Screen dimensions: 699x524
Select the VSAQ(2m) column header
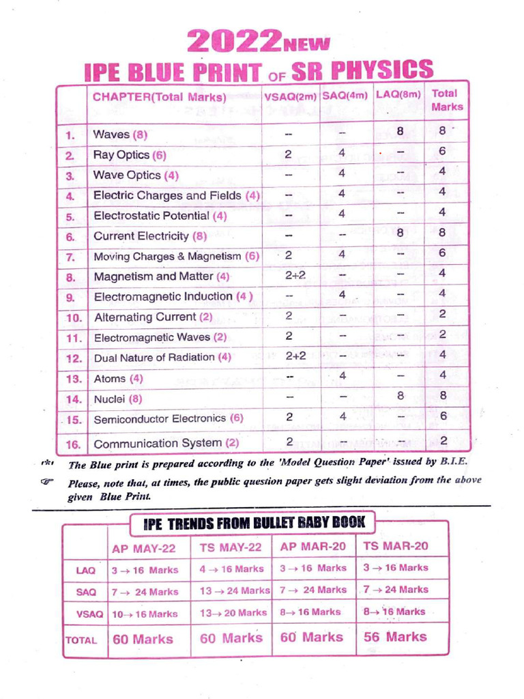coord(291,97)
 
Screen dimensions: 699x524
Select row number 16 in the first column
coord(73,445)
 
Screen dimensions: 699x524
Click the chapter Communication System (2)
coord(166,443)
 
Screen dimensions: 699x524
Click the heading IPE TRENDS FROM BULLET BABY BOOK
coord(254,524)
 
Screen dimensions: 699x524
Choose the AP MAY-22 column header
coord(144,548)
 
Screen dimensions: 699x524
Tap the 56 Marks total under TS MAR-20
coord(395,637)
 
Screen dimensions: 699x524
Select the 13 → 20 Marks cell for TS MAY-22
coord(233,613)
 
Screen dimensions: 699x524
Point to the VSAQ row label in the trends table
coord(89,614)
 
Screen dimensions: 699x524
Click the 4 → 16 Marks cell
coord(231,569)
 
